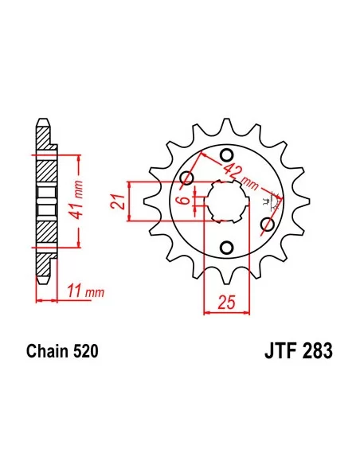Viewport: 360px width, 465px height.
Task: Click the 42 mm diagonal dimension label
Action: (239, 174)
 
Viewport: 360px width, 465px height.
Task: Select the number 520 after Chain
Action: (84, 350)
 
